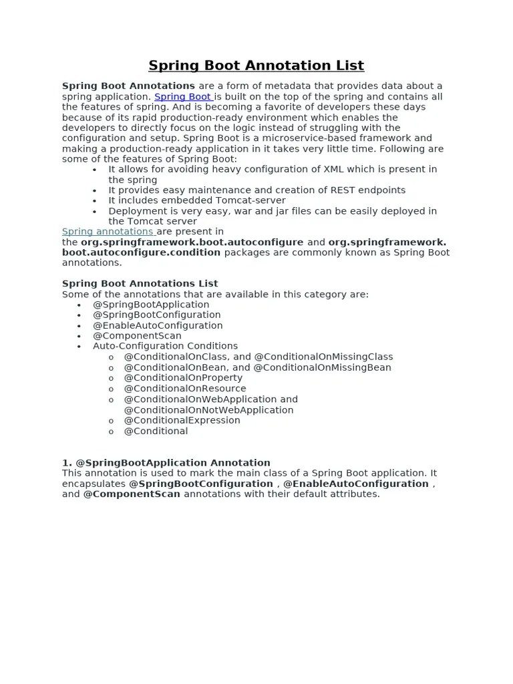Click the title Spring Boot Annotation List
(256, 65)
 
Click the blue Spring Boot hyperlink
(182, 97)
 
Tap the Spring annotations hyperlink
(108, 232)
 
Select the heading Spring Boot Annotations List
(140, 283)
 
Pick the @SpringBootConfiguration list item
(156, 315)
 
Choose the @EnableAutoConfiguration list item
(158, 325)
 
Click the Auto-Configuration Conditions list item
(165, 346)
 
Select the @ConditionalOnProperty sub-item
(183, 377)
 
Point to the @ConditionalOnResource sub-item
(185, 388)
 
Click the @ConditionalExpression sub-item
(182, 420)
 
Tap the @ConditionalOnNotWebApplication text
(208, 410)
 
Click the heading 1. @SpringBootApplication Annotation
(166, 462)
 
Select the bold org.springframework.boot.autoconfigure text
(192, 242)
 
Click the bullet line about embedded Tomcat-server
(197, 200)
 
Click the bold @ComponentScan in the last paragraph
(132, 494)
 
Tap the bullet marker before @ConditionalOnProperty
(111, 378)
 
